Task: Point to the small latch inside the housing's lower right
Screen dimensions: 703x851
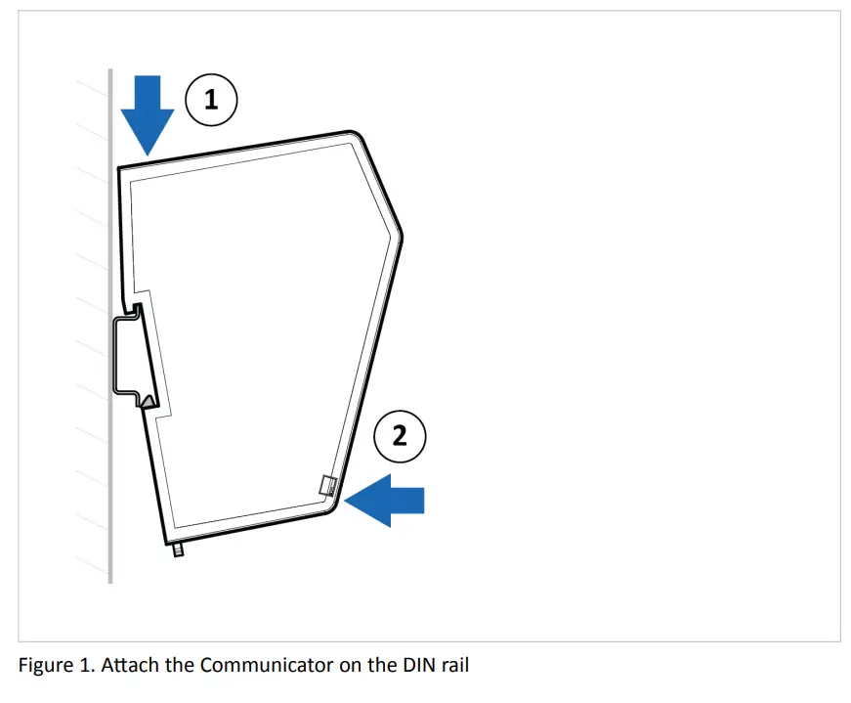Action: pyautogui.click(x=329, y=485)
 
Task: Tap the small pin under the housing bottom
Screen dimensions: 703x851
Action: pyautogui.click(x=178, y=550)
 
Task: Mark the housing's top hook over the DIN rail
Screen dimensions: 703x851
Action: pyautogui.click(x=136, y=311)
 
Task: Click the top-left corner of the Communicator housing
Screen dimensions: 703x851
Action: pyautogui.click(x=120, y=169)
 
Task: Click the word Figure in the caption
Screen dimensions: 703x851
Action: pyautogui.click(x=44, y=666)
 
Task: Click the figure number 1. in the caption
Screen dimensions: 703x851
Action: pyautogui.click(x=86, y=666)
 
